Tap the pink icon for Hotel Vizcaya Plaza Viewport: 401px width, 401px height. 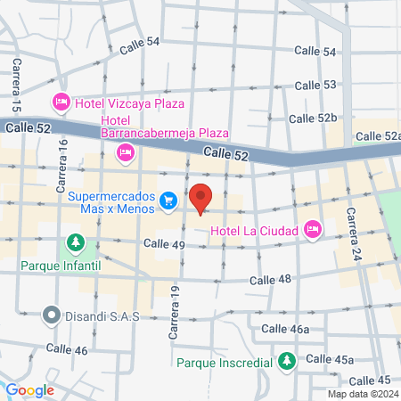pyautogui.click(x=61, y=102)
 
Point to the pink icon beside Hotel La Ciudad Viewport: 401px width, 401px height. pyautogui.click(x=312, y=230)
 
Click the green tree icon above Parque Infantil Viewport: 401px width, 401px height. pyautogui.click(x=76, y=242)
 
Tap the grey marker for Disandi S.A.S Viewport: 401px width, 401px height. pyautogui.click(x=51, y=315)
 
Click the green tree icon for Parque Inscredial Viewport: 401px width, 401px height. pyautogui.click(x=286, y=361)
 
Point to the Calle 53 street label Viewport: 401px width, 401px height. pyautogui.click(x=315, y=85)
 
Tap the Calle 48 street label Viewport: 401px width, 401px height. pyautogui.click(x=271, y=280)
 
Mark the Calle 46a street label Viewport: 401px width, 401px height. pyautogui.click(x=285, y=329)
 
